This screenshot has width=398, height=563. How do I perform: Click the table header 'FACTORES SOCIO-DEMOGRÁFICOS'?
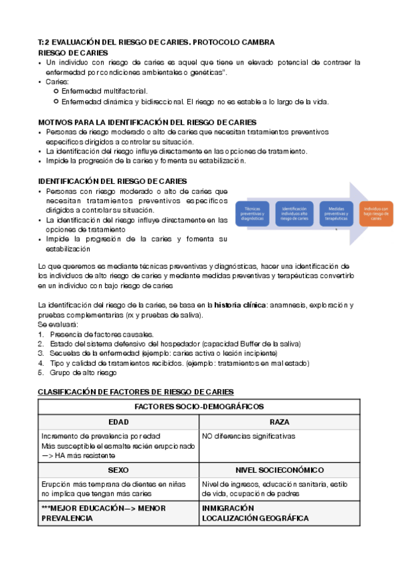(x=199, y=406)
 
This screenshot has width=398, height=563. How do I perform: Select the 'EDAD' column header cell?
(x=118, y=422)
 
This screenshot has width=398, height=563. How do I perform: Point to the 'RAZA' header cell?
(x=279, y=422)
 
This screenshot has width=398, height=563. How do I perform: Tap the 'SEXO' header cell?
(x=118, y=469)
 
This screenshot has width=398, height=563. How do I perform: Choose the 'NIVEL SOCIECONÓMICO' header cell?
(x=279, y=469)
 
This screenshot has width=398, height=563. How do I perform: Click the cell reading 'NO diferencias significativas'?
(x=249, y=436)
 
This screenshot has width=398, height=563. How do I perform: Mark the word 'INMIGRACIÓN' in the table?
(x=228, y=508)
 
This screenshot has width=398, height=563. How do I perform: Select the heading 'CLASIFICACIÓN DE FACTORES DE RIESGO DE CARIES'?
(x=136, y=392)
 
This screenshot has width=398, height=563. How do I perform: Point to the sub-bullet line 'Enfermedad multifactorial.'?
(x=104, y=91)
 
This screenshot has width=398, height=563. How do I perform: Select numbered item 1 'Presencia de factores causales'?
(x=100, y=334)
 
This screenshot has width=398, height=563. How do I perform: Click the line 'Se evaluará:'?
(x=58, y=324)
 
